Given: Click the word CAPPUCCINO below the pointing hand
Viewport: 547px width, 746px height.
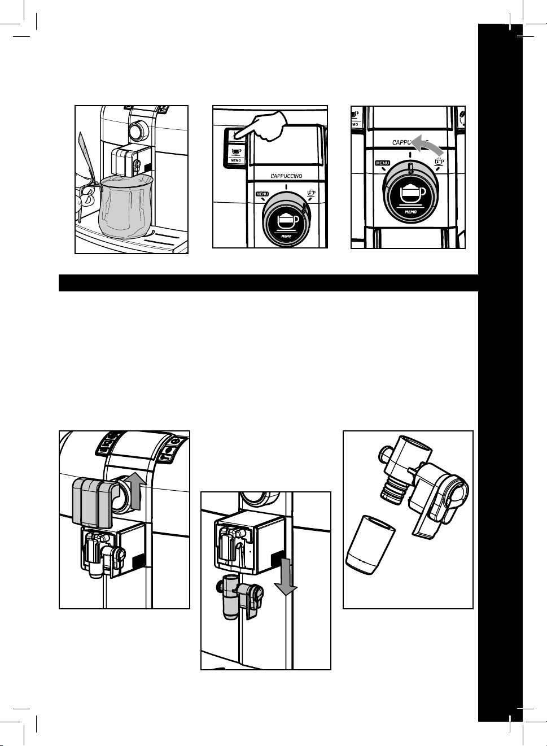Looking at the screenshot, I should tap(286, 176).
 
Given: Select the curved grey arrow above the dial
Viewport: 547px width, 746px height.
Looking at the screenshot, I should tap(427, 147).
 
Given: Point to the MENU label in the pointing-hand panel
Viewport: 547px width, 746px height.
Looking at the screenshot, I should tap(262, 194).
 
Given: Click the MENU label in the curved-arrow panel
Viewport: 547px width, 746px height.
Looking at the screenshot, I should tap(382, 163).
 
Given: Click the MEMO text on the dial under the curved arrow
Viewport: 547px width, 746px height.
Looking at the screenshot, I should tap(411, 212).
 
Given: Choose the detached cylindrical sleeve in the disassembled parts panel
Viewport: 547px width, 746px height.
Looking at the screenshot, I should tap(370, 546).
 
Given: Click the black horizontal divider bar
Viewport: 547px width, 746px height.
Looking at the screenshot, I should tap(269, 283).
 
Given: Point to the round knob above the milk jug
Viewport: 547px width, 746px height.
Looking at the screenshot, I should tap(136, 131).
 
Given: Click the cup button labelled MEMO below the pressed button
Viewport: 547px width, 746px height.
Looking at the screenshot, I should tap(236, 153).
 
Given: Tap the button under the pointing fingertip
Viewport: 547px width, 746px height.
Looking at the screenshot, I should tap(236, 135).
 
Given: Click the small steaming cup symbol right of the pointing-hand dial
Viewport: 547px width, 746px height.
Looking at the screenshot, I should tap(310, 194).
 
